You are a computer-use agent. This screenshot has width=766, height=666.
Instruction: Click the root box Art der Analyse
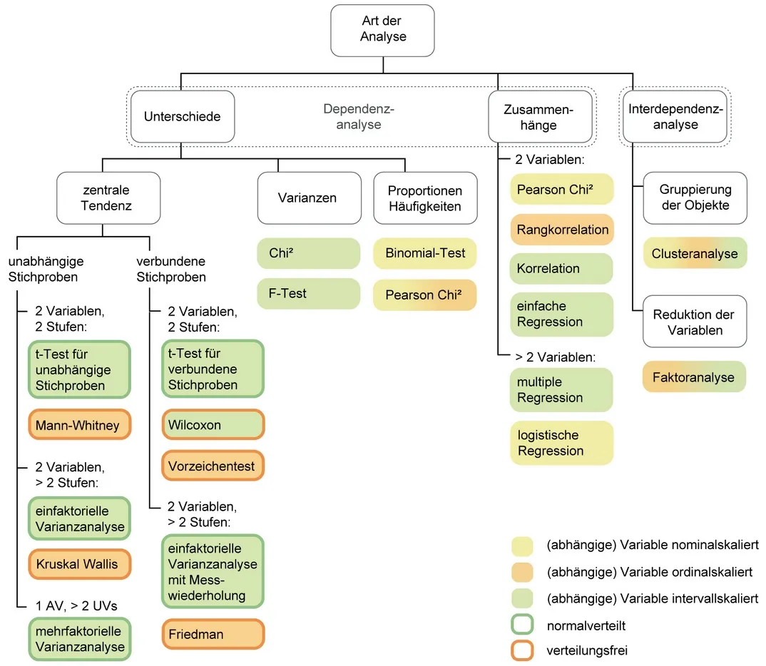tap(383, 31)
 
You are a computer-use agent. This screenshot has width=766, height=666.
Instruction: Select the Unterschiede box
tap(182, 116)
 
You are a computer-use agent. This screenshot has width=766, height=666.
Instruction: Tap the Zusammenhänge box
tap(540, 117)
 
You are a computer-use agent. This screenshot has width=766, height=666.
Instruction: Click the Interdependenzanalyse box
tap(675, 116)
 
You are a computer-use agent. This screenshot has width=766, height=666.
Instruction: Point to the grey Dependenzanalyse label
tap(359, 117)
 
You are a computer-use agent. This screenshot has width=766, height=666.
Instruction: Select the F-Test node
tap(308, 294)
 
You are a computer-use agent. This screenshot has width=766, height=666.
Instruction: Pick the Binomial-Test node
tap(424, 253)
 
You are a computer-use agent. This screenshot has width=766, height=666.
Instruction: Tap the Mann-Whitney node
tap(79, 426)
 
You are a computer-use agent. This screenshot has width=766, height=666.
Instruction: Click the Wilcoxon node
tap(213, 425)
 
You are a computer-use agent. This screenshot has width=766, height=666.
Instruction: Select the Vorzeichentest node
tap(213, 466)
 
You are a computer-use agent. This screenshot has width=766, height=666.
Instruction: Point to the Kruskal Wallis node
tap(79, 565)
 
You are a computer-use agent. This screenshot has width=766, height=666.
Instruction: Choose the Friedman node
tap(213, 634)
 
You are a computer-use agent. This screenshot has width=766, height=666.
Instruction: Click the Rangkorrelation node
tap(561, 230)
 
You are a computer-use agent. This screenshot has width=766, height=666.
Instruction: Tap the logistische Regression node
tap(561, 443)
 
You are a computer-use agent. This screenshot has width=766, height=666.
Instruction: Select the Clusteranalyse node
tap(694, 253)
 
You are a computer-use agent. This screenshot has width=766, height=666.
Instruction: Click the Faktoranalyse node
tap(694, 377)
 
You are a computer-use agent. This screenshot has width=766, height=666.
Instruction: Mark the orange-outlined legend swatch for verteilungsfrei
tap(522, 650)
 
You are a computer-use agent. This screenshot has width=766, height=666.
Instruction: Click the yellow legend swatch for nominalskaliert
tap(522, 545)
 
